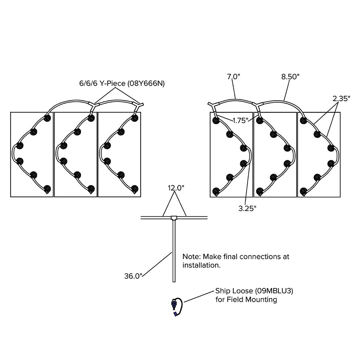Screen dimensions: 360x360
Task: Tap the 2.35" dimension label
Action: click(341, 99)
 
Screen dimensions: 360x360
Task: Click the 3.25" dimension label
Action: click(247, 209)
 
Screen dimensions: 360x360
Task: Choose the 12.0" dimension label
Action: click(176, 188)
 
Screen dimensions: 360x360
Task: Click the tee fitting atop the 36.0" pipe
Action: click(174, 218)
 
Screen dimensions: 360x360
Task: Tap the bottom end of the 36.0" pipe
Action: click(174, 281)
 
